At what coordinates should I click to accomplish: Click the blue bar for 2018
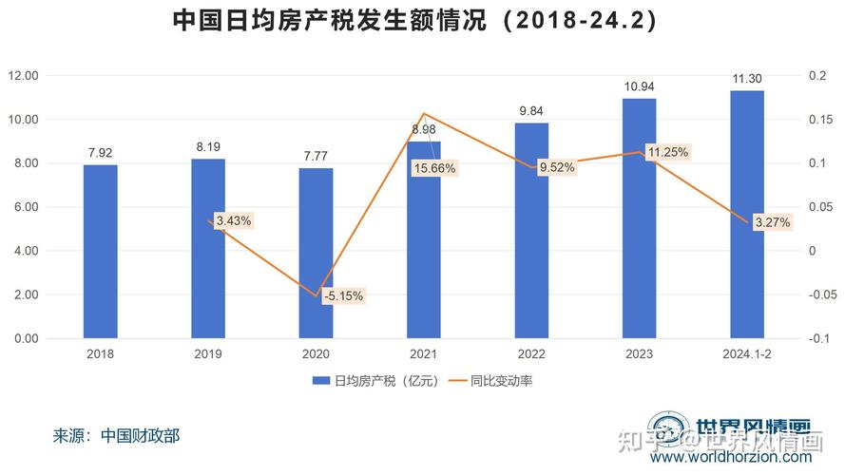tap(100, 252)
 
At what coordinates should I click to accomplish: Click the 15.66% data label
tap(434, 168)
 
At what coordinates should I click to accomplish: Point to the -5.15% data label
tap(343, 295)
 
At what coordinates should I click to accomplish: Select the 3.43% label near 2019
tap(234, 220)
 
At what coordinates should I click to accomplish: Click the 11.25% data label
tap(667, 152)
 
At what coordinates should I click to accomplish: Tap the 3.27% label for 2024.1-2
tap(771, 222)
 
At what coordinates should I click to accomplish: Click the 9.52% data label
tap(557, 167)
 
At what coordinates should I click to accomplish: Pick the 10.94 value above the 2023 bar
tap(639, 86)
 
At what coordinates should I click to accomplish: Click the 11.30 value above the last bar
tap(746, 79)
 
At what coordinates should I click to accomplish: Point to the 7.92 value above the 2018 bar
tap(100, 152)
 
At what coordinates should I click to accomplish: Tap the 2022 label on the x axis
tap(530, 354)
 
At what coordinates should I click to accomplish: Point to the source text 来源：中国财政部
tap(116, 436)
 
